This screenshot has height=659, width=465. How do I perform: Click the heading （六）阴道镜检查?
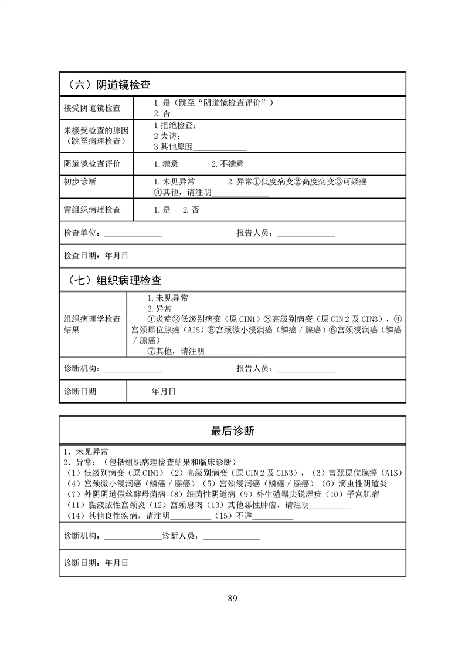click(x=106, y=85)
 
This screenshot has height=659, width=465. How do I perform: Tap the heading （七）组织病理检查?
click(x=111, y=280)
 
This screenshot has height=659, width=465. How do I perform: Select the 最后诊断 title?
click(x=232, y=431)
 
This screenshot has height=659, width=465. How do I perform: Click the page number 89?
click(x=232, y=599)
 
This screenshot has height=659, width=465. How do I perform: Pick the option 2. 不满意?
click(x=228, y=164)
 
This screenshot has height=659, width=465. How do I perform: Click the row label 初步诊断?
click(x=80, y=181)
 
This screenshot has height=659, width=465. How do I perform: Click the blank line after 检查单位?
click(x=133, y=234)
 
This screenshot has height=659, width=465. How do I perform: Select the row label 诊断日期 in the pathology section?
click(x=80, y=391)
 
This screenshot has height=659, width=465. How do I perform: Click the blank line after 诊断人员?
click(x=231, y=537)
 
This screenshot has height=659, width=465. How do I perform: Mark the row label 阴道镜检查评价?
click(x=93, y=164)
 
